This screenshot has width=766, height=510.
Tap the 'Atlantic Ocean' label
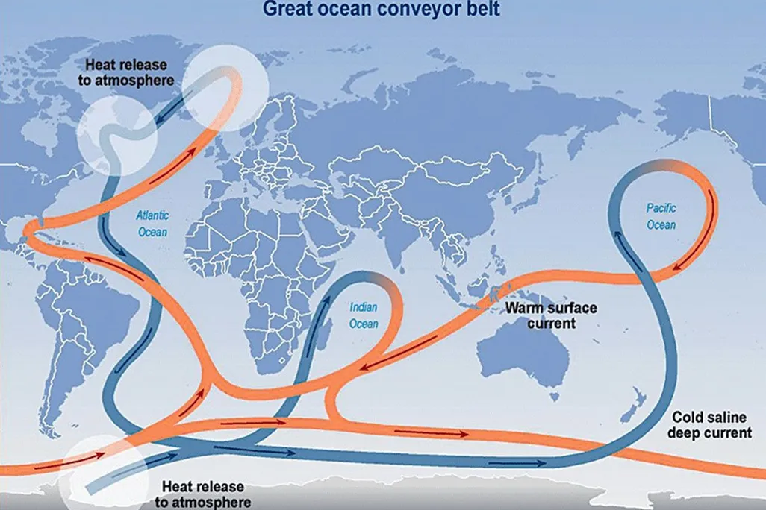pos(152,224)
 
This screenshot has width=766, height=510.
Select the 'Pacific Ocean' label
pos(661,216)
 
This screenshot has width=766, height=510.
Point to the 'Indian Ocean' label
pos(364,315)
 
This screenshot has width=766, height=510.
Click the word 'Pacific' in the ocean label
pos(661,208)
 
